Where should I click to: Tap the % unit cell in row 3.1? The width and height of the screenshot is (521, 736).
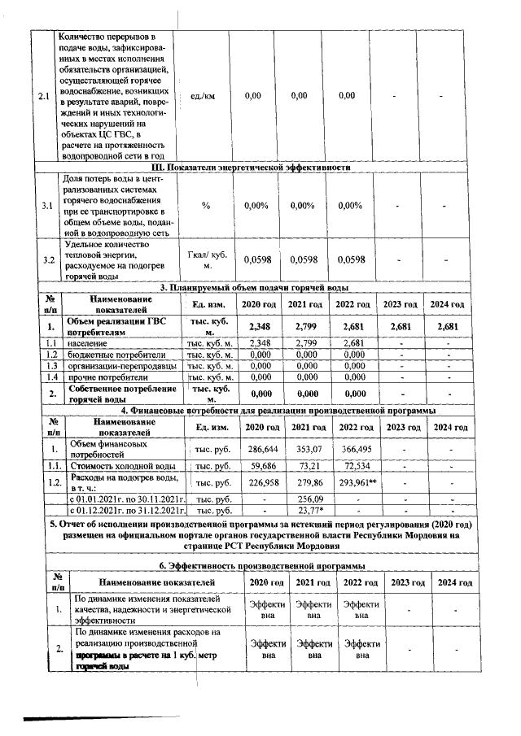(x=206, y=206)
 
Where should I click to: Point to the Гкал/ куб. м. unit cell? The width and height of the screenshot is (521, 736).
(x=206, y=259)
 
